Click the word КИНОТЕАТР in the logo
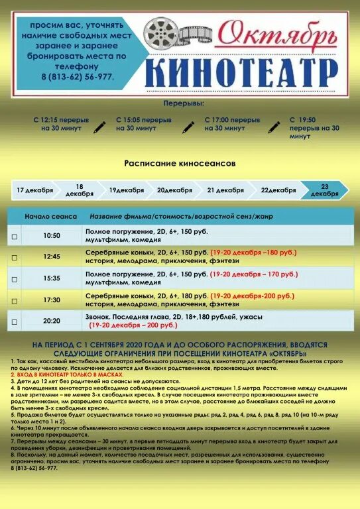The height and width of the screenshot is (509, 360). (241, 72)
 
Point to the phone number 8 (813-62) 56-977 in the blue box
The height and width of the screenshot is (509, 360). (77, 78)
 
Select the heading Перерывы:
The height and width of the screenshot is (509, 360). (183, 104)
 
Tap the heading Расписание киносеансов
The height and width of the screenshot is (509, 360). (180, 162)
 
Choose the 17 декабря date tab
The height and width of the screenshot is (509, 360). (34, 190)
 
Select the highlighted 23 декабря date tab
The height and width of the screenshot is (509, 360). (324, 190)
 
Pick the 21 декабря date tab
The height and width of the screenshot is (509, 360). (225, 190)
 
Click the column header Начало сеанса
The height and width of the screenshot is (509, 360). (50, 217)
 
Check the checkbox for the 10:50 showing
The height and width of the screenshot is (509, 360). (15, 236)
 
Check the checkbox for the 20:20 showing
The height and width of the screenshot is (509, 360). (15, 321)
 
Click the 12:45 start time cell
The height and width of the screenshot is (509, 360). (51, 256)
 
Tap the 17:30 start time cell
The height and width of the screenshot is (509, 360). (51, 300)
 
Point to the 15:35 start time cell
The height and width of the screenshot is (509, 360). (51, 278)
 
